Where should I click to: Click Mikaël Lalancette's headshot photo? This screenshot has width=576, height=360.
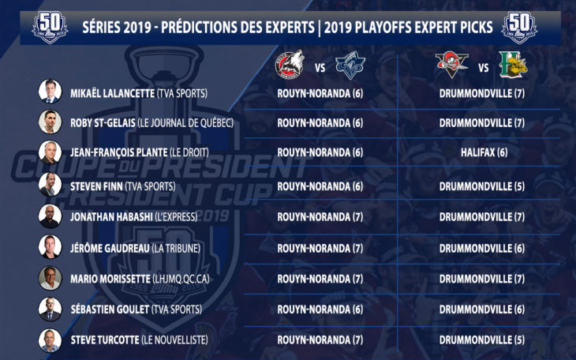50,91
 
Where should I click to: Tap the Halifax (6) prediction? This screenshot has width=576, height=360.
484,152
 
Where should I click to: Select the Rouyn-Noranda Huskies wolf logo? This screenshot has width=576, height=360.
290,65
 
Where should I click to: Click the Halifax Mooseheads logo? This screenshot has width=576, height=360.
513,65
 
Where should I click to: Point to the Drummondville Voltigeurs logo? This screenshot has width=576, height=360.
452,65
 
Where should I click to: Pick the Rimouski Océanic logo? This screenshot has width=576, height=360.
350,65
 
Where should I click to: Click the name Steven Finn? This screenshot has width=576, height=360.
96,186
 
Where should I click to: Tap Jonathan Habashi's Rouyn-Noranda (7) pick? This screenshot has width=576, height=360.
320,217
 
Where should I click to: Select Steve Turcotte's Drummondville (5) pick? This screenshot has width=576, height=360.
482,339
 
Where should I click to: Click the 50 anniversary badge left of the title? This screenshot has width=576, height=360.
50,28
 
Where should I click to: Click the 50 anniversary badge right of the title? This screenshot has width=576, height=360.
519,28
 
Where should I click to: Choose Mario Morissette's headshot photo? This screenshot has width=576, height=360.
50,278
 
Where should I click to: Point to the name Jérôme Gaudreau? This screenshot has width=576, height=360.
110,248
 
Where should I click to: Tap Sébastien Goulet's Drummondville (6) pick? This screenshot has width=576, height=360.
482,309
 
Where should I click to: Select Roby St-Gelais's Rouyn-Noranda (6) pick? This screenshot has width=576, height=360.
320,123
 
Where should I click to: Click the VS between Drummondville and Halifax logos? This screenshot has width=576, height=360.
484,68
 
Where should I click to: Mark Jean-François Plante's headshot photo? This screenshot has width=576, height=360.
50,152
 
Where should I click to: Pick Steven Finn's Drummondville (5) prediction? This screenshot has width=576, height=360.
482,186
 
